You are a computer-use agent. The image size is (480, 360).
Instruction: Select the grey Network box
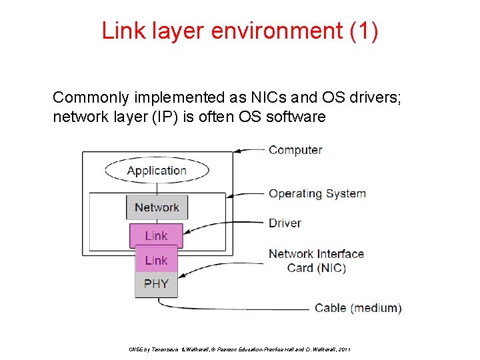point(157,207)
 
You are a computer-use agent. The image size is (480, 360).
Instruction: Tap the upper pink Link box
point(156,235)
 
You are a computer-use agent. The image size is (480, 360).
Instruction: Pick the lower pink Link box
point(156,260)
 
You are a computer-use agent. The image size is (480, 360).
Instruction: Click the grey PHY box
point(156,283)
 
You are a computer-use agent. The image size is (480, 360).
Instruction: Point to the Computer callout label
point(295,150)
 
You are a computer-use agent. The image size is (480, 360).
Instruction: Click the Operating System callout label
point(317,193)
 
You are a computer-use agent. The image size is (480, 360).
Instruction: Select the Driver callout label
point(285,223)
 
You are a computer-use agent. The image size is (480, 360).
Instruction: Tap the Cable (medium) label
point(358,308)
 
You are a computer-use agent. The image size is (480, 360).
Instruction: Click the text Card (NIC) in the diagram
point(317,268)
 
